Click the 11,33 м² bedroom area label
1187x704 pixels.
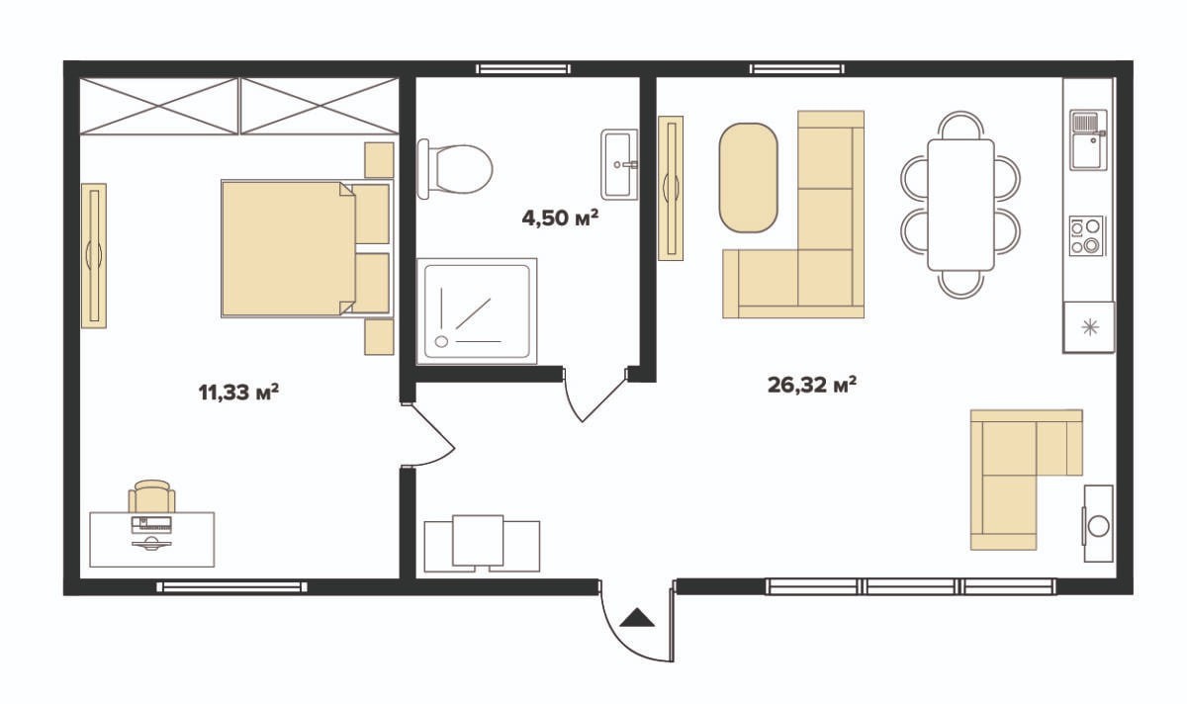[238, 393]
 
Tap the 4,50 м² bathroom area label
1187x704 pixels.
[560, 218]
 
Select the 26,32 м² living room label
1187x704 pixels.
[812, 385]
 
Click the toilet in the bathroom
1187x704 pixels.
[455, 169]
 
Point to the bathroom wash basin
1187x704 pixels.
[619, 164]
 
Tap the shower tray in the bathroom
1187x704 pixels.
[477, 311]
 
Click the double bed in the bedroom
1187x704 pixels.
[307, 248]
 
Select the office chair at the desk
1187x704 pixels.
[152, 496]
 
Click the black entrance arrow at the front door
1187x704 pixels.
[637, 618]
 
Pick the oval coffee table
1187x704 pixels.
[748, 177]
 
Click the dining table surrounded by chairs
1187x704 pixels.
[960, 205]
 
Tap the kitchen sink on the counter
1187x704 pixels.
[1088, 139]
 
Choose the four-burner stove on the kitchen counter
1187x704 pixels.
[1086, 235]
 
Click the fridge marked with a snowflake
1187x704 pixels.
[1089, 327]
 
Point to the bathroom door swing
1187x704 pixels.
[594, 396]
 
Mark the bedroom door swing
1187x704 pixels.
[428, 435]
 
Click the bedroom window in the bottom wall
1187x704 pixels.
[231, 586]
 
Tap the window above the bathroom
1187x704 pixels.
[523, 69]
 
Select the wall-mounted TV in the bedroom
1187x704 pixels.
[94, 255]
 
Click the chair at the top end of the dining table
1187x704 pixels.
[960, 126]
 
